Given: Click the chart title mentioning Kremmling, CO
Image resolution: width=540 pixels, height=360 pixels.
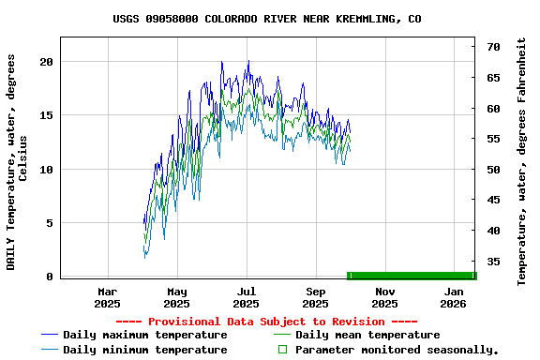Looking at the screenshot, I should [267, 19].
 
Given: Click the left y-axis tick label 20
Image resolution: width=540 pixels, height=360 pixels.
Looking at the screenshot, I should [46, 62].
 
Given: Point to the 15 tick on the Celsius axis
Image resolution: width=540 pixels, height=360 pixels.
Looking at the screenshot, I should [46, 115].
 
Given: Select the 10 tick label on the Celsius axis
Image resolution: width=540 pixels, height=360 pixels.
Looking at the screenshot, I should [46, 170].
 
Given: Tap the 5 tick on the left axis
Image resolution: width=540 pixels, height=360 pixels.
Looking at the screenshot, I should [50, 223].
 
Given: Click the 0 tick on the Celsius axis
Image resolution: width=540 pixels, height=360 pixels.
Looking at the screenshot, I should [50, 277].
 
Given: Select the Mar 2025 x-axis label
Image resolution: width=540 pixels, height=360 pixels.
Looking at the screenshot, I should [108, 297].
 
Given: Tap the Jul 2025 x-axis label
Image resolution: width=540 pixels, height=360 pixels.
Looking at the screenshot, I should [246, 297].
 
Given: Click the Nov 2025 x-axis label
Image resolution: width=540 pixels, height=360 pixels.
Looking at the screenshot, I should [384, 297].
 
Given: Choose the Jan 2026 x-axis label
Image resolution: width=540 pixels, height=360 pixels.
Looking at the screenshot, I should [454, 297].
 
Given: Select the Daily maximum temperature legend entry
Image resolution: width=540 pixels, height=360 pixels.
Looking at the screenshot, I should [144, 335].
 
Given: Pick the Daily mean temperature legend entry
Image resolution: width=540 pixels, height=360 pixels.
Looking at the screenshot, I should [367, 335].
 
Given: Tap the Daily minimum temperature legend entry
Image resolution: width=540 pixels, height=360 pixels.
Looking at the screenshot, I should [144, 350].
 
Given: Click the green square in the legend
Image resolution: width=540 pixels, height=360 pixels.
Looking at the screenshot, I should [281, 350].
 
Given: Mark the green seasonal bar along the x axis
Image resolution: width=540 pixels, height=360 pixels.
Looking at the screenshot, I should [412, 276].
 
